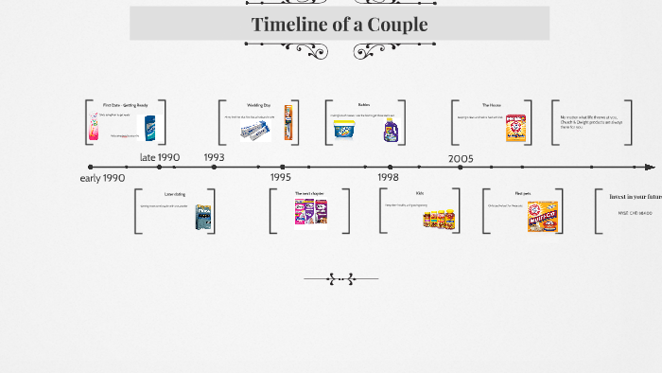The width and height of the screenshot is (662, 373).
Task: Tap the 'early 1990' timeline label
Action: tap(102, 178)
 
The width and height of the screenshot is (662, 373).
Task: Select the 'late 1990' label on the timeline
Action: tap(159, 157)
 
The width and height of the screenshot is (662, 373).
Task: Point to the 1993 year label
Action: tap(214, 157)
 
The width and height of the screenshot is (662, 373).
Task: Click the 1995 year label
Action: tap(281, 177)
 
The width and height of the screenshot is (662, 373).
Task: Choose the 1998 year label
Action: tap(388, 177)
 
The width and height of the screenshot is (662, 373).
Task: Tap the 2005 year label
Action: tap(461, 158)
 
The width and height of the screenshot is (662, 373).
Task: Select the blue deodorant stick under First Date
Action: tap(149, 127)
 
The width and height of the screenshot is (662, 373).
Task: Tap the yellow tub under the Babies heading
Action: tap(344, 131)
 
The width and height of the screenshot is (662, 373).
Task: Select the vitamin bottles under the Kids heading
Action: tap(438, 219)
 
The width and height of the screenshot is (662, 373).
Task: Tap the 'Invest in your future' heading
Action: tap(635, 196)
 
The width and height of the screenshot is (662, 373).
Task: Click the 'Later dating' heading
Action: tap(174, 194)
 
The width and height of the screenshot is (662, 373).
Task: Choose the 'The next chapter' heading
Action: tap(309, 193)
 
